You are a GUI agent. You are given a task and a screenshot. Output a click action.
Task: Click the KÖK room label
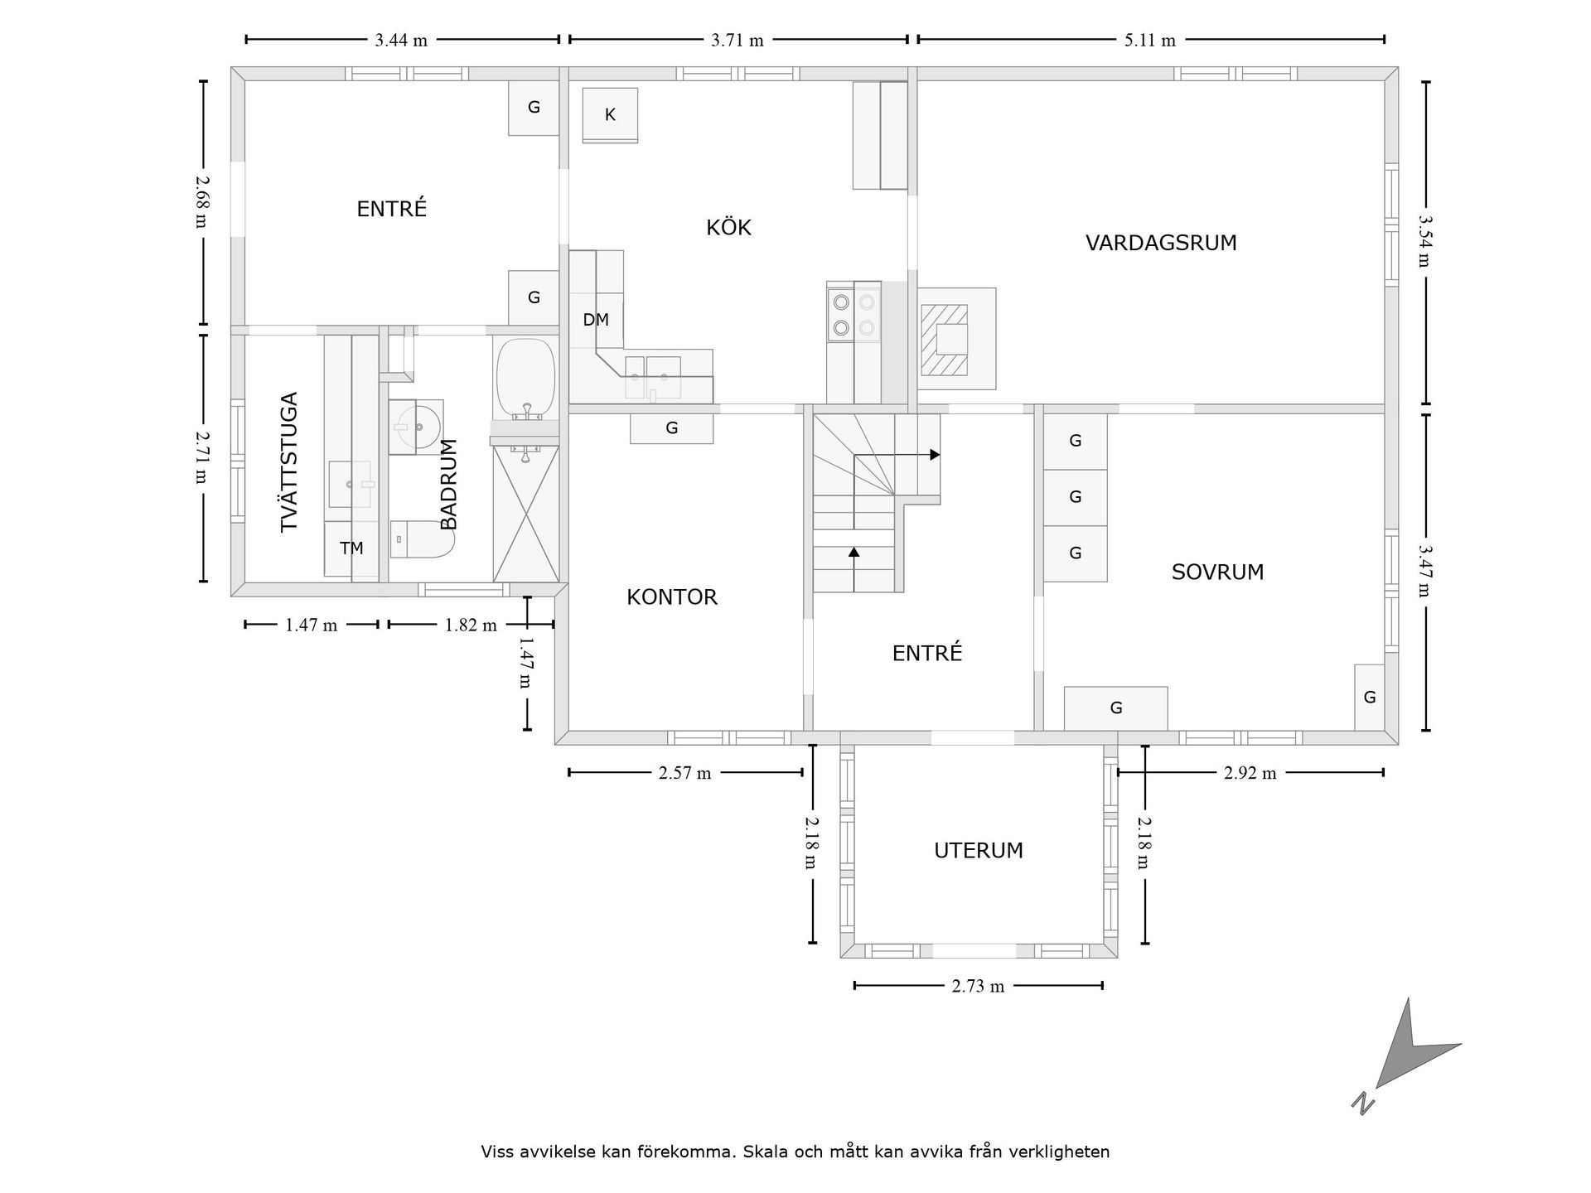[728, 227]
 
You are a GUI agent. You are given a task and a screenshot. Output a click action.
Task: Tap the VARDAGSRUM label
[1161, 243]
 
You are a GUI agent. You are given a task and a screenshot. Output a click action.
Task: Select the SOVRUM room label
[1217, 572]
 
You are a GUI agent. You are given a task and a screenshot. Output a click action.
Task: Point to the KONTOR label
[672, 596]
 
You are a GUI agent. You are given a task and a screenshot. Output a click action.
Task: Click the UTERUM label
[979, 851]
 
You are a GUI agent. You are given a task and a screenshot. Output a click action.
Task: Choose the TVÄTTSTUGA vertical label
[288, 461]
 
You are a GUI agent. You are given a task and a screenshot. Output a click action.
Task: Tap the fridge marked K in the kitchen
[610, 115]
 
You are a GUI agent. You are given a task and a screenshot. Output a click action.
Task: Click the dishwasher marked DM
[596, 320]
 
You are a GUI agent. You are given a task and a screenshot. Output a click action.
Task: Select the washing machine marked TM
[351, 548]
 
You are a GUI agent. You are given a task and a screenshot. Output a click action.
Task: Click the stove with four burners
[854, 315]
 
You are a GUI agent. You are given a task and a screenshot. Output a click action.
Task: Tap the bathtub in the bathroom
[525, 377]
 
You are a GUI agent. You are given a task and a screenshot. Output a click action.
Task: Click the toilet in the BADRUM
[422, 539]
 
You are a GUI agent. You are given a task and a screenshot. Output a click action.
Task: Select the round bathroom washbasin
[416, 427]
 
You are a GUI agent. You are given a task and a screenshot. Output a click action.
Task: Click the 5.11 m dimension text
[1150, 40]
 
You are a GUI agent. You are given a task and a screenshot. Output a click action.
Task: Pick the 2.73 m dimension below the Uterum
[978, 986]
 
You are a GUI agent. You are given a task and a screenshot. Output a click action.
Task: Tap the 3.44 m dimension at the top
[401, 40]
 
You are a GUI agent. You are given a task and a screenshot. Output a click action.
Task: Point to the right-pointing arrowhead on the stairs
[935, 455]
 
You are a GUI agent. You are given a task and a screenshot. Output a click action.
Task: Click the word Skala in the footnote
[766, 1152]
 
